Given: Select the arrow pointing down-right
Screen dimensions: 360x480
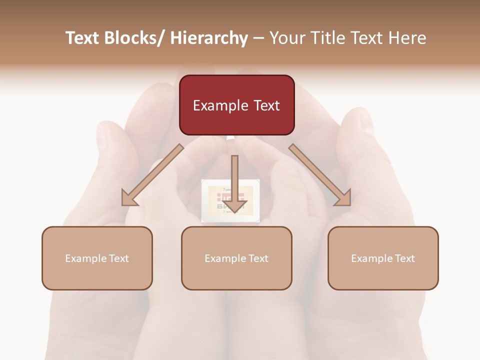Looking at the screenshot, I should coord(320,175).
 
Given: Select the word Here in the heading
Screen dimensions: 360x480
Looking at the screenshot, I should coord(407,38).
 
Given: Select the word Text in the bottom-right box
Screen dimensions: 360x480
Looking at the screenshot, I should coord(404,258).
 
